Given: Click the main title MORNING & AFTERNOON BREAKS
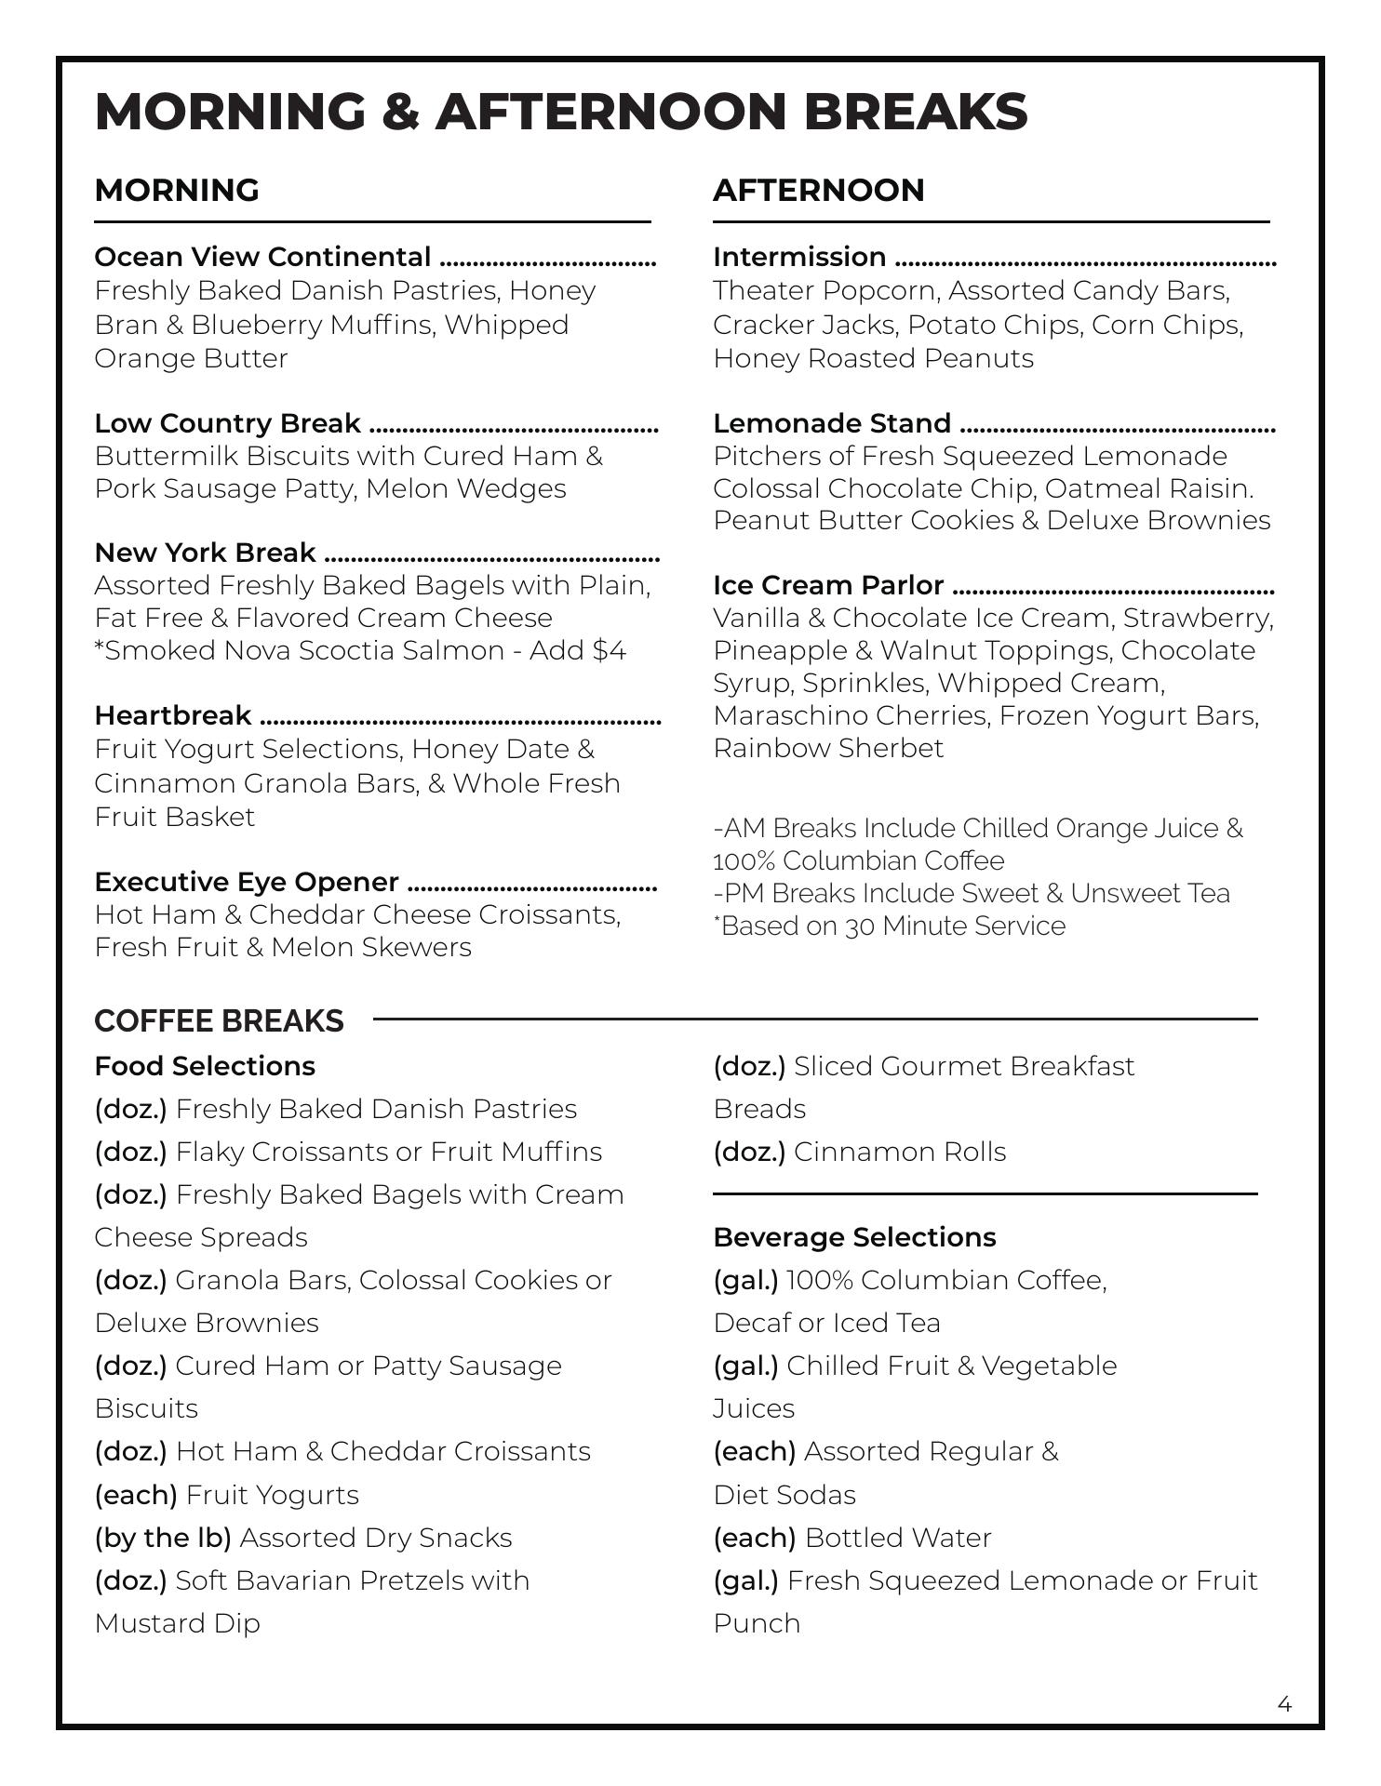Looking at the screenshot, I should click(561, 112).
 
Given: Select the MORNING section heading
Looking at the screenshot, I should click(177, 190).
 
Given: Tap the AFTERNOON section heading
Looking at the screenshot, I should click(819, 190).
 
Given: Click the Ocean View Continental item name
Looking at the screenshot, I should click(262, 257).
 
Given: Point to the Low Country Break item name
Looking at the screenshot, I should click(227, 423).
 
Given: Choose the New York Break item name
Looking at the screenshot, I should click(205, 553).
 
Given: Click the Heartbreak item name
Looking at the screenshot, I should click(172, 715).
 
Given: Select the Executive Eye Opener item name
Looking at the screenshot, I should click(247, 882).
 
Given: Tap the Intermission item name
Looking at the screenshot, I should click(799, 257).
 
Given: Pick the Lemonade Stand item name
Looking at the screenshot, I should click(832, 423).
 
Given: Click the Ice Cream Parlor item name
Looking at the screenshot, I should click(828, 585).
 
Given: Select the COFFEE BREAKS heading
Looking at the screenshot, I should click(219, 1020).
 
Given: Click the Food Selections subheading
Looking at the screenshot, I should click(205, 1066).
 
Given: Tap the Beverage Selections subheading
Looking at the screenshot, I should click(854, 1237).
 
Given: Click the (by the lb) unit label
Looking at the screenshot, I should click(163, 1538).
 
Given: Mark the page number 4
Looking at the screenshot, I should click(1284, 1704).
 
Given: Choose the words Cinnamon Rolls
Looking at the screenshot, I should click(900, 1152).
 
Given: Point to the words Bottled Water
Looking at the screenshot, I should click(898, 1538).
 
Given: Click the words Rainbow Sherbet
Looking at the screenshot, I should click(828, 748).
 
